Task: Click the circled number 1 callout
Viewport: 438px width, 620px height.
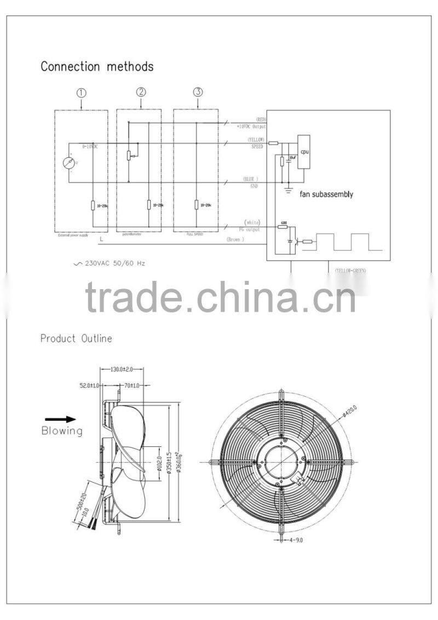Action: [81, 93]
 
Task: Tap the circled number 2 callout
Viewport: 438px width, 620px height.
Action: [141, 92]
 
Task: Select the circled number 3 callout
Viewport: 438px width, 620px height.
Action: [198, 92]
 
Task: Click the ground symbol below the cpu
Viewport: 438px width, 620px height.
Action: [288, 190]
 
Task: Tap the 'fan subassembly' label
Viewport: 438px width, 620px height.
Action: [326, 194]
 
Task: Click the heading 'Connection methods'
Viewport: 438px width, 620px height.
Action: [97, 67]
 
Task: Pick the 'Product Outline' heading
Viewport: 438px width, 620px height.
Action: [76, 338]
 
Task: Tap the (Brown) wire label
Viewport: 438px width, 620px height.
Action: [235, 239]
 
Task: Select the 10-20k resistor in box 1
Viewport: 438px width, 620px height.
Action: [93, 205]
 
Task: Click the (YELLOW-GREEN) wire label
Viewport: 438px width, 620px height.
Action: [350, 271]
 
